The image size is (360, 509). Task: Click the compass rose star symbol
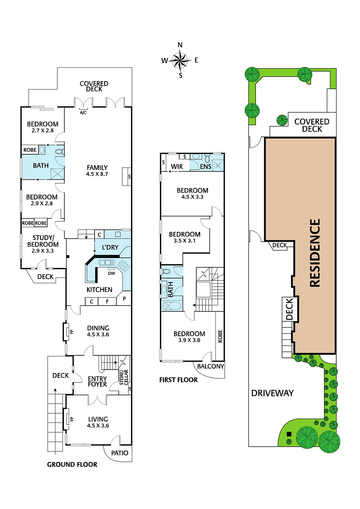180,60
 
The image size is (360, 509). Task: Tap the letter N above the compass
180,45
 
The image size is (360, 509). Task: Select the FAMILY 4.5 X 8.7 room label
97,171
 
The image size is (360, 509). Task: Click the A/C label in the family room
83,113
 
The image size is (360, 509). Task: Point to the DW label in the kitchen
111,273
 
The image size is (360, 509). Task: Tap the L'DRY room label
110,247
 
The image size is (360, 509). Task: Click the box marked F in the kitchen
107,302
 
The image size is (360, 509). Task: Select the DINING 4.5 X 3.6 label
98,331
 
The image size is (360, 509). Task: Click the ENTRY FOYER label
97,381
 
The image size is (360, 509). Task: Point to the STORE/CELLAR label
124,377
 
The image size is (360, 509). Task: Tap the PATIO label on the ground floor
120,453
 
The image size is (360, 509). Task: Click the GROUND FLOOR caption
72,464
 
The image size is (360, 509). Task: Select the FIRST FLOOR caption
179,380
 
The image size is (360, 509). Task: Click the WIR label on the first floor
177,167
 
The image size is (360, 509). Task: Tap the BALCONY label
211,366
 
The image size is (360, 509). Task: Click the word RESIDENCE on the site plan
315,253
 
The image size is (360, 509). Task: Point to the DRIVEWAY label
272,393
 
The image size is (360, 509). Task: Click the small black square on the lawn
289,434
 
